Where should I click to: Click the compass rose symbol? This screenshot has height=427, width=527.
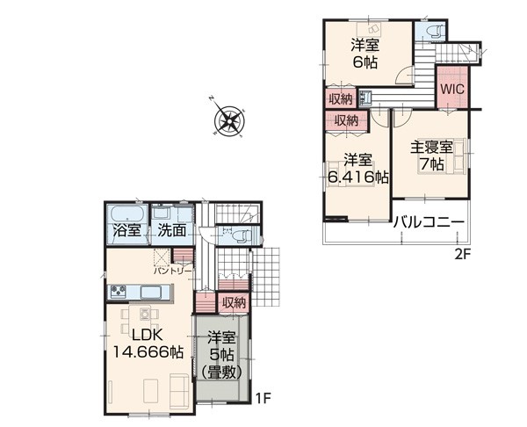[x=229, y=119]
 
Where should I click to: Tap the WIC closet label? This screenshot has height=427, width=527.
[x=452, y=89]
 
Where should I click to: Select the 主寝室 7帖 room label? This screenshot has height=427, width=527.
[x=431, y=156]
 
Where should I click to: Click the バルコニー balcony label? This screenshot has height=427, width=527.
[x=430, y=222]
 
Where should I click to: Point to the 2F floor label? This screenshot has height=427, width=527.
[x=463, y=255]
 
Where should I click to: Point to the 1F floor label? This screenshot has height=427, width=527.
[x=263, y=399]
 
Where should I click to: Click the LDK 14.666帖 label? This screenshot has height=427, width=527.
[x=148, y=344]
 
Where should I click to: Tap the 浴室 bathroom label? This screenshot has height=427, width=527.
[x=126, y=230]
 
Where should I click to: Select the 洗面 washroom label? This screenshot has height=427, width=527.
[x=172, y=230]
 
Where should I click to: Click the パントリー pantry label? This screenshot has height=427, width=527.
[x=173, y=271]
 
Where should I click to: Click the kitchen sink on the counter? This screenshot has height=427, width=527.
[x=150, y=292]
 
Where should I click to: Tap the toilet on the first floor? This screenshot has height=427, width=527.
[x=241, y=235]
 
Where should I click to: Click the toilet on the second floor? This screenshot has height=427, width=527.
[x=433, y=32]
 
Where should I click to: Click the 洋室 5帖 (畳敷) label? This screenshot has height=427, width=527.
[x=221, y=356]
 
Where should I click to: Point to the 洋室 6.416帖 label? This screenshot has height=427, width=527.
[x=357, y=169]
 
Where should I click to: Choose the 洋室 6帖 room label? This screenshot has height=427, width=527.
[x=365, y=54]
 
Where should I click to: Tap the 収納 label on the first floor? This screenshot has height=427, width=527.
[x=235, y=303]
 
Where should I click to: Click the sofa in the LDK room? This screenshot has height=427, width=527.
[x=179, y=390]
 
